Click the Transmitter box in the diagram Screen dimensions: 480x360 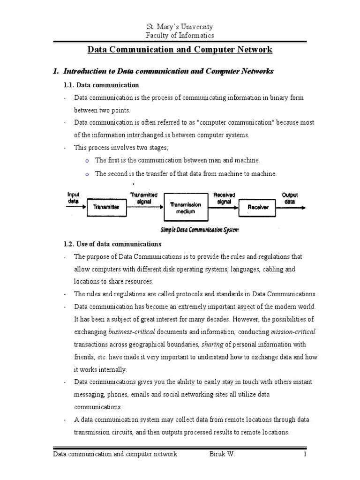click(106, 207)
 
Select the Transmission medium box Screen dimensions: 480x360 click(186, 208)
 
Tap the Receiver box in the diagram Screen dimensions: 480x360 click(258, 207)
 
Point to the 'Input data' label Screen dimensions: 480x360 click(74, 197)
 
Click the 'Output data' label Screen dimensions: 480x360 click(290, 197)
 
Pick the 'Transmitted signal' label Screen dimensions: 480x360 click(143, 197)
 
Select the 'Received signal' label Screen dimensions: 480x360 click(224, 197)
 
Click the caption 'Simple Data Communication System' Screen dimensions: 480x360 click(199, 230)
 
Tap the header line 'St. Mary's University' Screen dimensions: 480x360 click(180, 27)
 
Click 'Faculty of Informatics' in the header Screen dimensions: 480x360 click(180, 36)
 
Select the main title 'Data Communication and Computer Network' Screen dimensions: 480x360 click(180, 50)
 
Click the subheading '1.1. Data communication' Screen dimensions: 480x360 click(101, 85)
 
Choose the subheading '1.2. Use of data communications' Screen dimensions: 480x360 click(112, 244)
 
